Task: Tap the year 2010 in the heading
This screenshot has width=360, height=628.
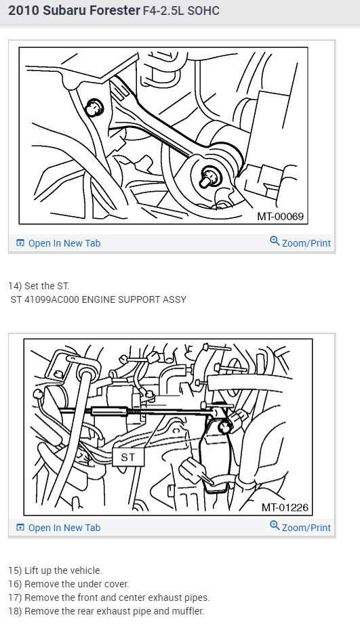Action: tap(24, 11)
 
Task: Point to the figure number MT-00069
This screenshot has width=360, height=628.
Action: tap(281, 217)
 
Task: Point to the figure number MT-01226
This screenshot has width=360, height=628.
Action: tap(285, 507)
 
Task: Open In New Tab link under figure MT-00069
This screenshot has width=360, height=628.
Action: tap(64, 243)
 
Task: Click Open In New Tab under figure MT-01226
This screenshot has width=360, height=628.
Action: tap(64, 528)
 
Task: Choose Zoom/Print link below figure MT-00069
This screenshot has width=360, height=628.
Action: tap(306, 243)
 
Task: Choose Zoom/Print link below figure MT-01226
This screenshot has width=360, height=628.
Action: tap(306, 528)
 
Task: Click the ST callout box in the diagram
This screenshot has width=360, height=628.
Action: tap(129, 457)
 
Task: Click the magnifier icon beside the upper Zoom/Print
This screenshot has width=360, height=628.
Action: tap(275, 241)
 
